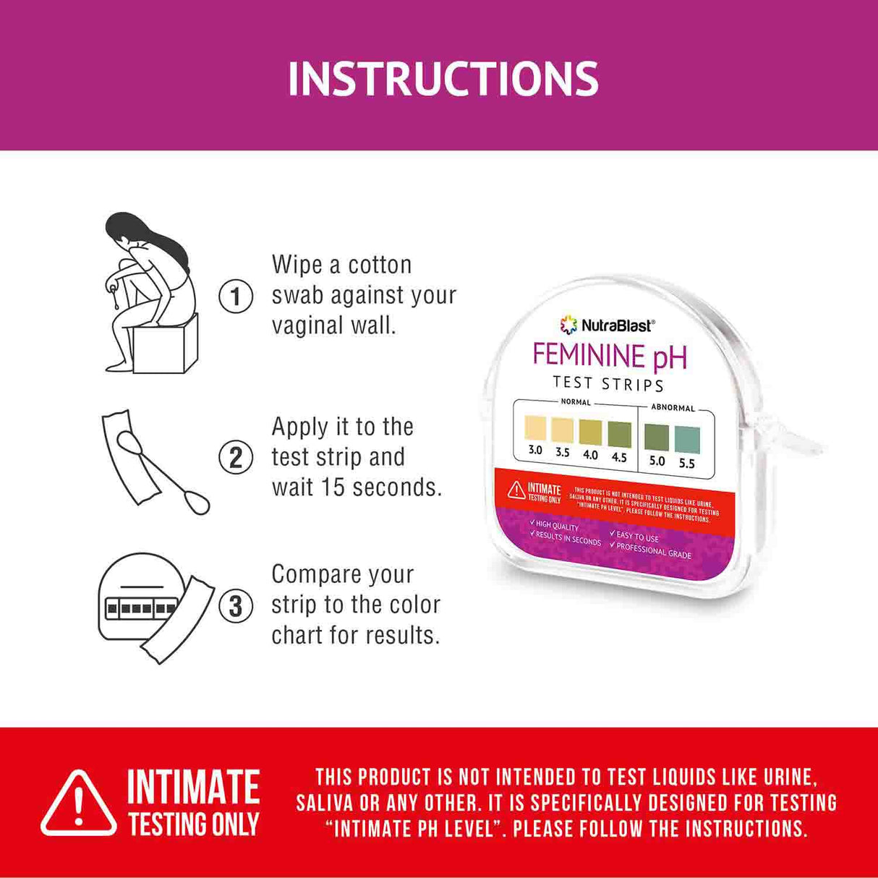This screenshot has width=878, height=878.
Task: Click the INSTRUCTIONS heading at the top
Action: click(443, 78)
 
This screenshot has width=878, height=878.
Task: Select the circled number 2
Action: click(236, 458)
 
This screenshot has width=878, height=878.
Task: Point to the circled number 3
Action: click(236, 605)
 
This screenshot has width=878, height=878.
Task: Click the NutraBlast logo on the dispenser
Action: click(608, 325)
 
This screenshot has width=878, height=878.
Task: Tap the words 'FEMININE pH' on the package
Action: click(610, 356)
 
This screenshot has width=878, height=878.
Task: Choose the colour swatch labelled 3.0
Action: click(535, 428)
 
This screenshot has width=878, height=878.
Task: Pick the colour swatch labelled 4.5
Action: click(619, 435)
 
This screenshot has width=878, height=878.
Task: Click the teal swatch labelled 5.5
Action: click(687, 440)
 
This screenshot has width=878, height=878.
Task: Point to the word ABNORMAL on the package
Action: click(673, 408)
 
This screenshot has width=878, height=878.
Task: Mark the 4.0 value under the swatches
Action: click(591, 455)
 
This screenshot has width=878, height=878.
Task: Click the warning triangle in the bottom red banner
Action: click(78, 804)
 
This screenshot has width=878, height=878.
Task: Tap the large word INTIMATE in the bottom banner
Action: click(193, 788)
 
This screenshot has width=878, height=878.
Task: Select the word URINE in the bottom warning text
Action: click(789, 777)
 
